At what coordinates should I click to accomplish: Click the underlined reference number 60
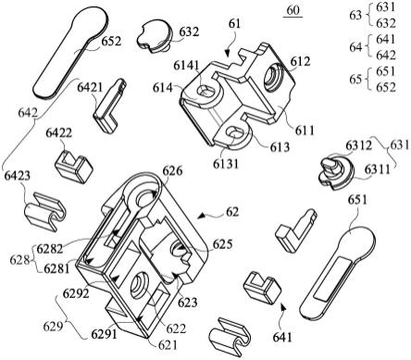click(293, 10)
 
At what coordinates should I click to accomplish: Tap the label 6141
click(186, 66)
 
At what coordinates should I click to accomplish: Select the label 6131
click(226, 164)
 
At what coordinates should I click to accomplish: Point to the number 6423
click(18, 176)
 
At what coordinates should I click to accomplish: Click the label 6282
click(49, 249)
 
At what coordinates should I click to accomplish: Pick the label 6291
click(104, 334)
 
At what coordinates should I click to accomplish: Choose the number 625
click(222, 244)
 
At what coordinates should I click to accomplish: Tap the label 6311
click(377, 169)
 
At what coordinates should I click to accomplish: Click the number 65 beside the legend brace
click(355, 80)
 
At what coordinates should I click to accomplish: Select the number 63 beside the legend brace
click(355, 15)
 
